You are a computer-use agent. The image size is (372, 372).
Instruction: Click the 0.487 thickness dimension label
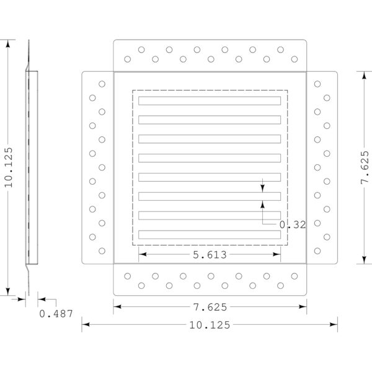pyautogui.click(x=56, y=314)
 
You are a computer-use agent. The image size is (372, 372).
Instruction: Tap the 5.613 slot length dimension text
pyautogui.click(x=210, y=255)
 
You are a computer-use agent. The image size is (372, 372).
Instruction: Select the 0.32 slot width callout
pyautogui.click(x=293, y=224)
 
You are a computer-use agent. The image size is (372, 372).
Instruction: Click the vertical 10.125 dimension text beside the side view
pyautogui.click(x=9, y=167)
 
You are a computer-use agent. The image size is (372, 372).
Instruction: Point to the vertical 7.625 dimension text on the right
pyautogui.click(x=365, y=167)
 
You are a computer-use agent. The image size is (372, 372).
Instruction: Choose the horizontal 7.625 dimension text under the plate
pyautogui.click(x=210, y=307)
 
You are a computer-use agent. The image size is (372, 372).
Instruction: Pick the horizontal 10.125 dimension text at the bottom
pyautogui.click(x=210, y=325)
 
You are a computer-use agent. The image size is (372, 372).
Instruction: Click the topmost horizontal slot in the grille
pyautogui.click(x=210, y=100)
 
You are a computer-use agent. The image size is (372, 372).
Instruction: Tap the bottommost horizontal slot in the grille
pyautogui.click(x=210, y=234)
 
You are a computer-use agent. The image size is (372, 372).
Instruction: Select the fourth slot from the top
pyautogui.click(x=210, y=158)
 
